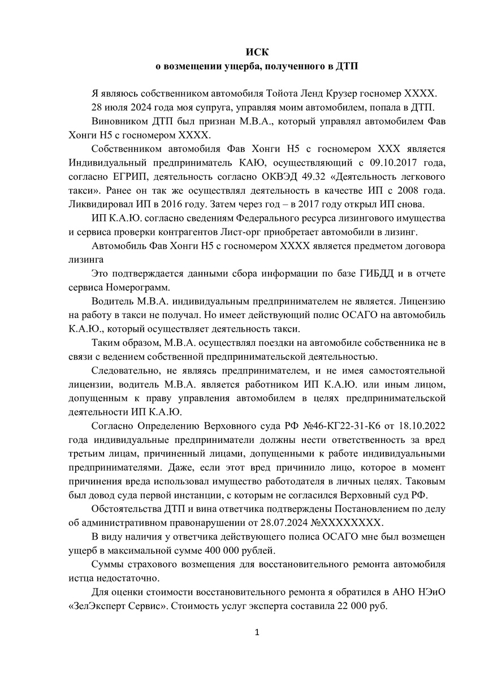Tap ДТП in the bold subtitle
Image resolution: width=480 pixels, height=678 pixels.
pyautogui.click(x=348, y=66)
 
